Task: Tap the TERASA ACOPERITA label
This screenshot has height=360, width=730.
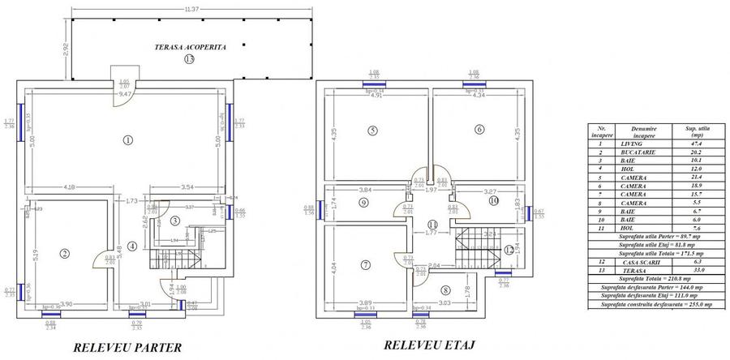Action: (x=191, y=48)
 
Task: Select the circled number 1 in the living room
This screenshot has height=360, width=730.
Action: (x=127, y=139)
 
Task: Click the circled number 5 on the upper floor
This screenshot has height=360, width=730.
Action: (x=372, y=130)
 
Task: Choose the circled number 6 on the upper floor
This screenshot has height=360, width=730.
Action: (x=479, y=129)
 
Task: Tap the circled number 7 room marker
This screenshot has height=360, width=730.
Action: (x=367, y=264)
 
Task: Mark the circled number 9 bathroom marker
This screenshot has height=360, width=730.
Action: (x=363, y=203)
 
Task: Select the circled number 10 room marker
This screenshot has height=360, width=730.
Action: (x=493, y=200)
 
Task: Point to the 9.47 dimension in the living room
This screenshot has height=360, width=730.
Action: (x=125, y=95)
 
